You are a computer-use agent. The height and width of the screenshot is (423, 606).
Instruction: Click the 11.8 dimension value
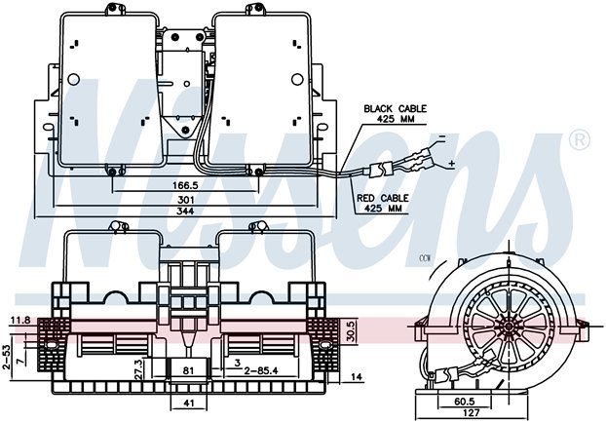coord(19,319)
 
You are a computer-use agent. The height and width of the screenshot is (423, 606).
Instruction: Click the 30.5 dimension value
coord(350,332)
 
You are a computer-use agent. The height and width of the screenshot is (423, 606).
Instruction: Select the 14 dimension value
coord(358,377)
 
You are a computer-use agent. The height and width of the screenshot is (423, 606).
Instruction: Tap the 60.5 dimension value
coord(464,400)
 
